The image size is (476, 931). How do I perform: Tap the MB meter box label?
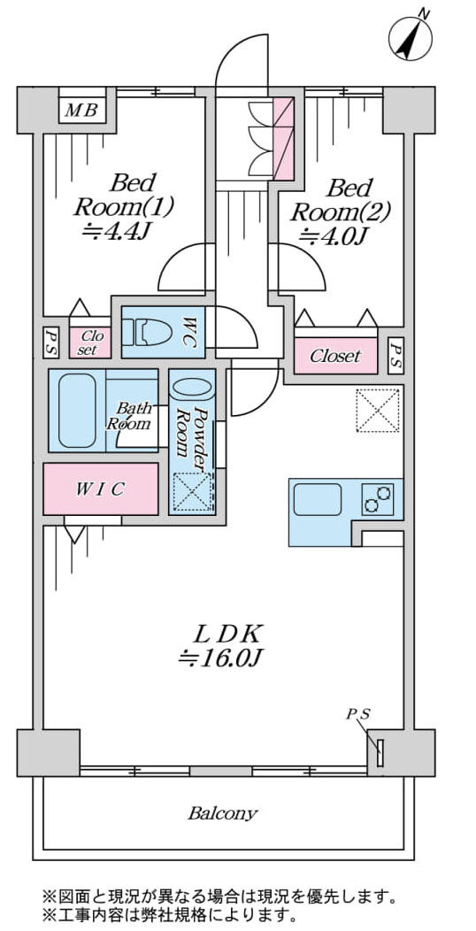(x=82, y=111)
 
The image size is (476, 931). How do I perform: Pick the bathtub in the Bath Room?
(x=77, y=411)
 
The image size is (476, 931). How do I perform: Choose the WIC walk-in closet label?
(x=100, y=489)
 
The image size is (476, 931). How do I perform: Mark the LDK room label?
(x=227, y=635)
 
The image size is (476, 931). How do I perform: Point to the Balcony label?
(x=223, y=812)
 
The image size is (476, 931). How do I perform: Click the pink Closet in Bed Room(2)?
(x=335, y=356)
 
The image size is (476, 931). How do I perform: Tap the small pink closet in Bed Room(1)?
(x=89, y=342)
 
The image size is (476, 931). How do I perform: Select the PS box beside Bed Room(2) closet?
(x=395, y=356)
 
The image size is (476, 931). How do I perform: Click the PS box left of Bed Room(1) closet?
(x=50, y=342)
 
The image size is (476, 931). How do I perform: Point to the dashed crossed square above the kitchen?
(x=378, y=410)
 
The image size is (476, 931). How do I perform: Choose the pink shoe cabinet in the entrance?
(x=283, y=138)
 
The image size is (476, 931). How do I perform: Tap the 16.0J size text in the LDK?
(x=221, y=658)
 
